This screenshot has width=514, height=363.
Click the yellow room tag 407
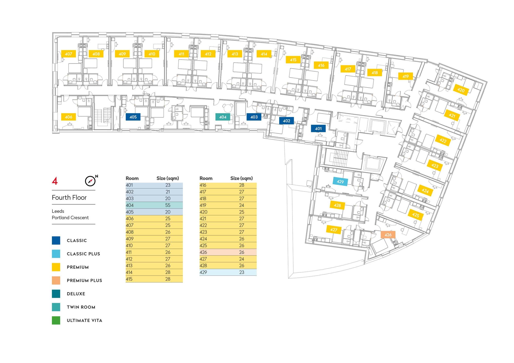point(68,54)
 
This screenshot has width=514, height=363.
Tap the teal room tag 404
point(223,117)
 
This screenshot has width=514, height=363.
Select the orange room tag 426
point(388,235)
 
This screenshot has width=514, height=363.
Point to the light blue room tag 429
point(340,181)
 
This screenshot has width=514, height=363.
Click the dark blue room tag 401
point(318,129)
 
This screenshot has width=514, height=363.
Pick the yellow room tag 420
point(461,90)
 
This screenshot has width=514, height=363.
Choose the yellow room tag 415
point(293,60)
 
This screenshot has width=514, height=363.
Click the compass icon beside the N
point(90,181)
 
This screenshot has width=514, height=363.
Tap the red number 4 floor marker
point(55,181)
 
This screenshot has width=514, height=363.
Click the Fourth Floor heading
point(69,197)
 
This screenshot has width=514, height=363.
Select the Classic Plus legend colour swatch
point(56,254)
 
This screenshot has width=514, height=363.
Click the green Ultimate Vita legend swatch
point(56,320)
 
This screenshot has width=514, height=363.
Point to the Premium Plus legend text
point(85,280)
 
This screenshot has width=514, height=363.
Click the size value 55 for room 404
point(168,205)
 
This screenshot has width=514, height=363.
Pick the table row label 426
point(203,252)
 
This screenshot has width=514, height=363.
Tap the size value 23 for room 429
point(242,272)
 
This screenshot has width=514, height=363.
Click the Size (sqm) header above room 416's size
point(242,178)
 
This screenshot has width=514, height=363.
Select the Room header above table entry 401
point(132,178)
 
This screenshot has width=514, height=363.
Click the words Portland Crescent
point(70,217)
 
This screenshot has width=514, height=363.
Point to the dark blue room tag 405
point(133,117)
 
